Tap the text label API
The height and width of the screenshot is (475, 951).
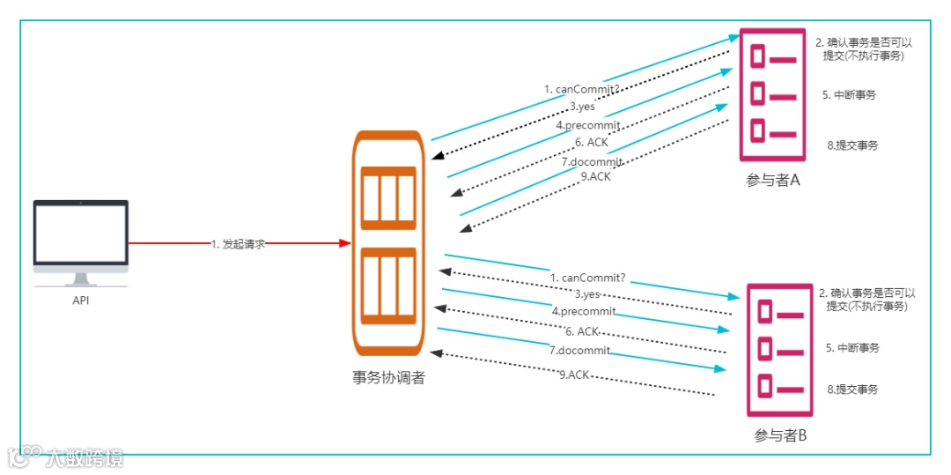[x=80, y=301]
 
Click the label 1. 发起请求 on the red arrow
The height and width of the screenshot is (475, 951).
[x=238, y=244]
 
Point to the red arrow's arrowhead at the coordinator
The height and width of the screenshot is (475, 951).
[x=345, y=243]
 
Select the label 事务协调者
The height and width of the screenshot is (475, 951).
[x=388, y=378]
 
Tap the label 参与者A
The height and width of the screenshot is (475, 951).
[x=772, y=181]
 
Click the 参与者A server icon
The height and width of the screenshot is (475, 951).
[x=772, y=95]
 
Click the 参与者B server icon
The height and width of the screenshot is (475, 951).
[x=779, y=350]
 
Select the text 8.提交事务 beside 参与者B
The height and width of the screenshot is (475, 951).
[x=852, y=389]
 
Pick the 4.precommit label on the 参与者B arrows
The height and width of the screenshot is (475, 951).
[x=584, y=311]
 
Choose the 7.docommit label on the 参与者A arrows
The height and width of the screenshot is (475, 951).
[x=592, y=162]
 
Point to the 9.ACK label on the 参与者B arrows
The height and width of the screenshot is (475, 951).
[x=573, y=375]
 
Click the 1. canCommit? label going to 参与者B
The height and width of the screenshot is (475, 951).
[x=587, y=278]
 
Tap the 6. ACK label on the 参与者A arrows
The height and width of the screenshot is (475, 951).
[x=593, y=142]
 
